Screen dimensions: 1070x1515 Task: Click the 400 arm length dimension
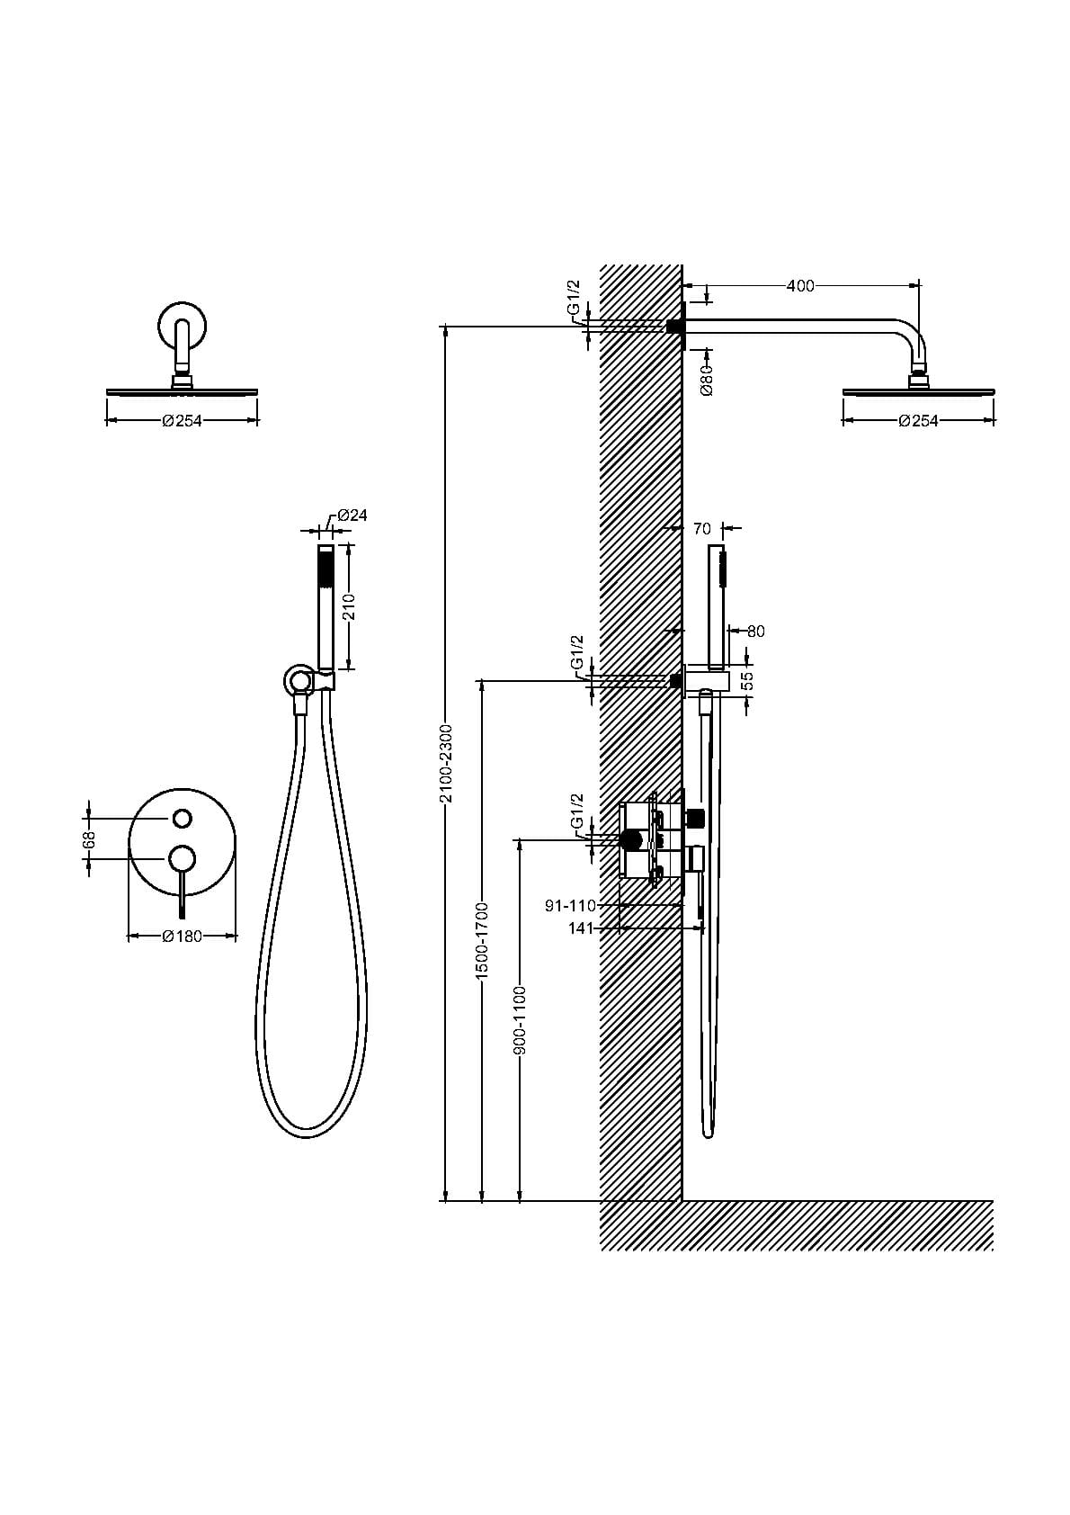[x=799, y=286]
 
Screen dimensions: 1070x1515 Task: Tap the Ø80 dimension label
[x=707, y=381]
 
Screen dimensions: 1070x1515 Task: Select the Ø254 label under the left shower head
[x=182, y=421]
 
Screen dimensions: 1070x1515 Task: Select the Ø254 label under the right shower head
[x=918, y=421]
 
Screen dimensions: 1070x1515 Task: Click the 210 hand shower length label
[x=350, y=606]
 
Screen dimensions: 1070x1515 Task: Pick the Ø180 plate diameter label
[x=182, y=936]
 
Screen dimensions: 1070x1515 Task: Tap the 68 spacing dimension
[x=89, y=838]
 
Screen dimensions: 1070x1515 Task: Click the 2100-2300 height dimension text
[x=445, y=764]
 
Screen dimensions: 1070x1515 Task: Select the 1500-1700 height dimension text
[x=482, y=941]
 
